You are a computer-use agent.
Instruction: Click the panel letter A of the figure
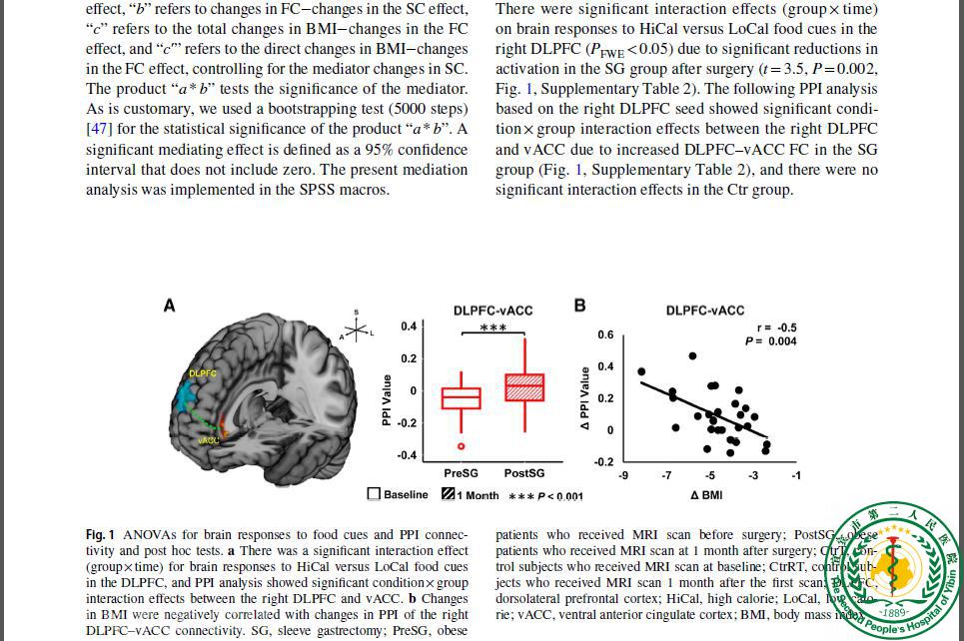169,306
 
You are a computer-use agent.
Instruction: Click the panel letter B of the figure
579,306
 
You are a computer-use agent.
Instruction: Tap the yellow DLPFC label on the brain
203,373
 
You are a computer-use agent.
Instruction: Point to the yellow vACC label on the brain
209,440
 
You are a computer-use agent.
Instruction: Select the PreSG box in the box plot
461,398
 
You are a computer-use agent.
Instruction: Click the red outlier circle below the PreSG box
462,446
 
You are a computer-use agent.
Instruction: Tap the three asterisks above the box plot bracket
492,328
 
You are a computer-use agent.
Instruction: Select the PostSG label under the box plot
523,472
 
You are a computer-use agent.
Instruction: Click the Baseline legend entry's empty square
374,494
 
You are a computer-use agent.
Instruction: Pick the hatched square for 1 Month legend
449,494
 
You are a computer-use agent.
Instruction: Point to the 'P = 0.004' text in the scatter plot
770,341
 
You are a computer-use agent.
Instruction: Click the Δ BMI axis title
706,494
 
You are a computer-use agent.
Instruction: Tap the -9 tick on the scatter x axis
623,475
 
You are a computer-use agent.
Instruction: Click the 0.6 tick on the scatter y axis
605,334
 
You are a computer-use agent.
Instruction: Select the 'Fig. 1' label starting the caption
100,535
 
